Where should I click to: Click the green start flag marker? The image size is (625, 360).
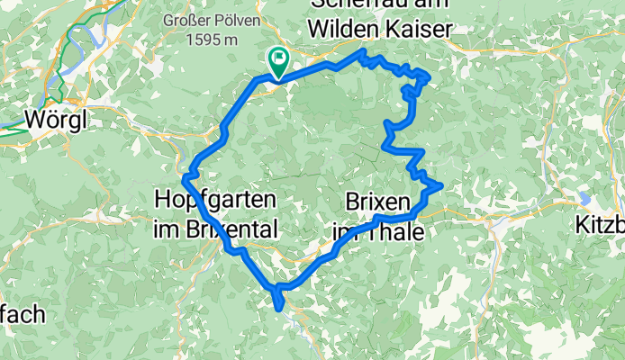pyautogui.click(x=277, y=59)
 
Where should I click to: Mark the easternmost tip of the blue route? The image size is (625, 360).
pyautogui.click(x=441, y=185)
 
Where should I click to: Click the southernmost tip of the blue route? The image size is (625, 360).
pyautogui.click(x=283, y=309)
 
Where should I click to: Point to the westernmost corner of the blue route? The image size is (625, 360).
pyautogui.click(x=184, y=179)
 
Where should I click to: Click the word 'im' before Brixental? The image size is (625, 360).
pyautogui.click(x=168, y=228)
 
